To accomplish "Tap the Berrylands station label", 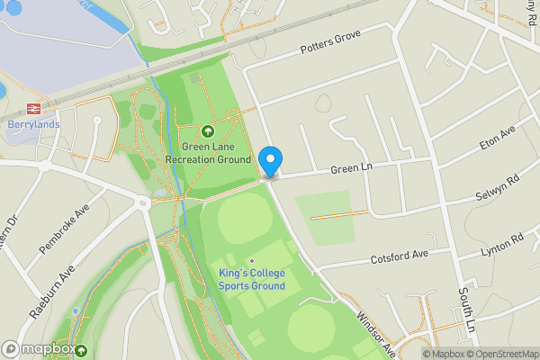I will click(x=32, y=124).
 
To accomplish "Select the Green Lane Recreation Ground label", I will click(x=208, y=153).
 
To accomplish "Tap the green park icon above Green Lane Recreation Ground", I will click(x=208, y=131).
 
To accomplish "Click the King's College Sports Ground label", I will click(x=251, y=279).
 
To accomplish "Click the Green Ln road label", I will click(x=351, y=167).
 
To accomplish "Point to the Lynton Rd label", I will click(x=502, y=246).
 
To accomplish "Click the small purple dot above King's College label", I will click(x=252, y=262).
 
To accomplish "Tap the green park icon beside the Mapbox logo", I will click(x=82, y=350).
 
